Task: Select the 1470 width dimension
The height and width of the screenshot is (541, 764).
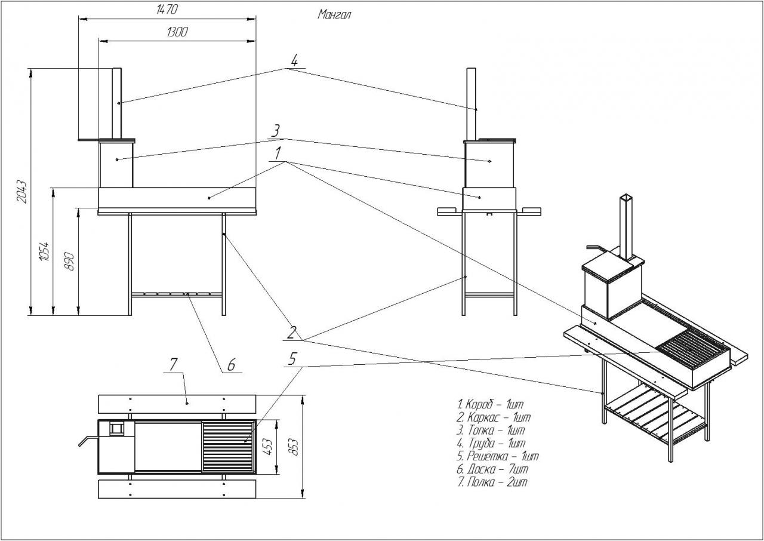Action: point(167,10)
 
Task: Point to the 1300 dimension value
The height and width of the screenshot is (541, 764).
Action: point(177,32)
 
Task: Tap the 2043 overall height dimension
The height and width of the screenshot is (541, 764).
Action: point(21,190)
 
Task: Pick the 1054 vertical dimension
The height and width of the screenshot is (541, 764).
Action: point(45,251)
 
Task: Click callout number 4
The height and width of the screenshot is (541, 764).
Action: point(294,60)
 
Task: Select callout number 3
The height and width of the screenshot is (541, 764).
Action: point(276,131)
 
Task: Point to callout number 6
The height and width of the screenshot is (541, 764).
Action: point(232,363)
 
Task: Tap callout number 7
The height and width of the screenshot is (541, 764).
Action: point(174,364)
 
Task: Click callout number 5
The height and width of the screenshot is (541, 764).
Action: point(292,359)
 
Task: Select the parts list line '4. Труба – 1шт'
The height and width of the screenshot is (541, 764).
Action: point(491,443)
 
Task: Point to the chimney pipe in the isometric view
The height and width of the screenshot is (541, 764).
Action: point(626,227)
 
